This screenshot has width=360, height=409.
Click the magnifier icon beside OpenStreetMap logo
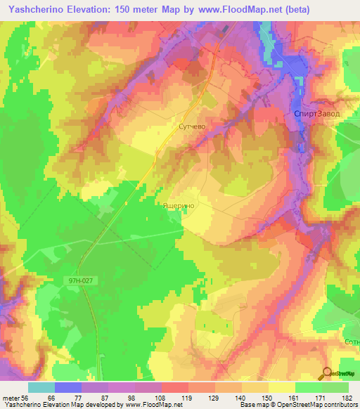[x=327, y=373]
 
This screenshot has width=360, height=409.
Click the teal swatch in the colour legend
[x=41, y=387]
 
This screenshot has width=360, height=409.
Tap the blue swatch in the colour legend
[x=68, y=387]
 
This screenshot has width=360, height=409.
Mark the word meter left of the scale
[x=10, y=398]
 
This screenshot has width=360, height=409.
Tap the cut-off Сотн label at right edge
[x=352, y=341]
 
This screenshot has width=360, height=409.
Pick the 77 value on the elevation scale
[x=82, y=398]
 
